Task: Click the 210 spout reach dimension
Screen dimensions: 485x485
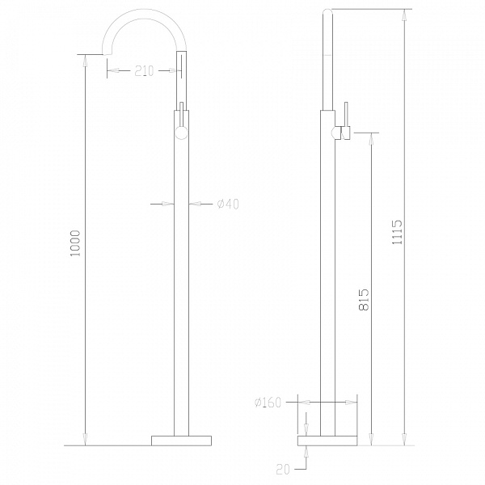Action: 144,71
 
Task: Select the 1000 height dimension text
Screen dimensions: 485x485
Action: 75,243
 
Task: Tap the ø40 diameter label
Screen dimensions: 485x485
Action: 228,205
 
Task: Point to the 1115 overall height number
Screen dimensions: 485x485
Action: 397,232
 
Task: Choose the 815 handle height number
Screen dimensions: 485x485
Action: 364,300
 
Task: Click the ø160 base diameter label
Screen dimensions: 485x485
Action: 268,403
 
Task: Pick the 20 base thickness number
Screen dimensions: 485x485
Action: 283,470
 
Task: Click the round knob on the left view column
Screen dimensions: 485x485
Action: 182,133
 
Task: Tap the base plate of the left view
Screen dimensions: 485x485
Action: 182,441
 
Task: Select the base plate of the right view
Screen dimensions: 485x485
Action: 327,441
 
